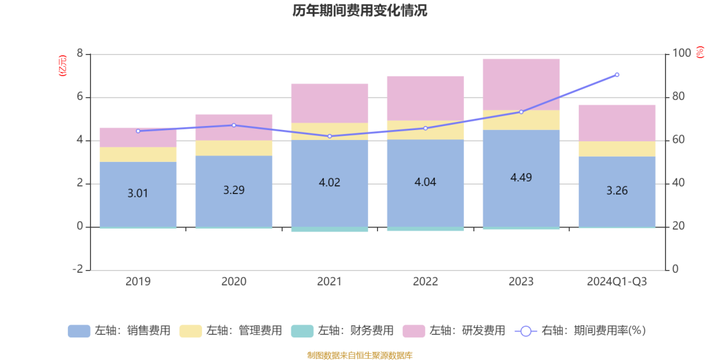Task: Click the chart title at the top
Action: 360,11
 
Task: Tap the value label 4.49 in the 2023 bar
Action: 521,177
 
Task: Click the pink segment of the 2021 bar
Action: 329,103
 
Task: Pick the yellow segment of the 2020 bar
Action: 233,148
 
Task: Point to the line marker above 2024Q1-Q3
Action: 617,75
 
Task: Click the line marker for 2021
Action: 329,136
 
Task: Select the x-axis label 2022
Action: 425,282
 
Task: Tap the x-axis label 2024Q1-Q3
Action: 617,282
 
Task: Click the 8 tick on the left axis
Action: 80,54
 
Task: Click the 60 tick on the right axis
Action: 677,140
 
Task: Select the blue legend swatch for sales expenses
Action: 79,331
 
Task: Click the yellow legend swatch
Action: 191,331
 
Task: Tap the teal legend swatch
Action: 302,331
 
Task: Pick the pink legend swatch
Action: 414,331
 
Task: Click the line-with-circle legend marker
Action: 525,331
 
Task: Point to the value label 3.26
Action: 617,191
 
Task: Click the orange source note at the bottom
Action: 360,355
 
